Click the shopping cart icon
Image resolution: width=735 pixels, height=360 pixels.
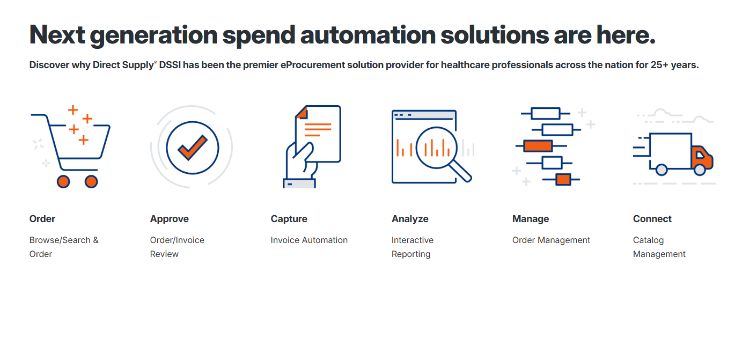tap(70, 147)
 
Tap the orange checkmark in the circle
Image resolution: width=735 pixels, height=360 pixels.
tap(192, 148)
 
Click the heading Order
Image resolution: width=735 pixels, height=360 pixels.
tap(42, 219)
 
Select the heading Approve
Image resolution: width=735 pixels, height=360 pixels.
tap(170, 219)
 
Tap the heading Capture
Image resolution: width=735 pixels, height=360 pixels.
tap(289, 219)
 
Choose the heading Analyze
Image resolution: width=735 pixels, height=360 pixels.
tap(410, 219)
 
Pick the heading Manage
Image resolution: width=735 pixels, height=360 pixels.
tap(531, 219)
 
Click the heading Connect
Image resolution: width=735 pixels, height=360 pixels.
tap(652, 219)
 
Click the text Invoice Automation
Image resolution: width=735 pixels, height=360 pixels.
tap(309, 240)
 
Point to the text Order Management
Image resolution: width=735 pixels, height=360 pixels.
tap(552, 240)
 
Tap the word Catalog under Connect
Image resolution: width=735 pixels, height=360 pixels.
tap(649, 240)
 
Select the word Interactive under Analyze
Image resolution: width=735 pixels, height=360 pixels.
tap(413, 240)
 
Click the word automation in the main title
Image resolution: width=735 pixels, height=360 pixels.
tap(368, 35)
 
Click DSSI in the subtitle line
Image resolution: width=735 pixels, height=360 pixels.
tap(170, 65)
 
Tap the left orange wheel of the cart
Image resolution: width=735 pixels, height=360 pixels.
tap(63, 181)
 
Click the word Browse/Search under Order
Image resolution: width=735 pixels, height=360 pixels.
tap(60, 240)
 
